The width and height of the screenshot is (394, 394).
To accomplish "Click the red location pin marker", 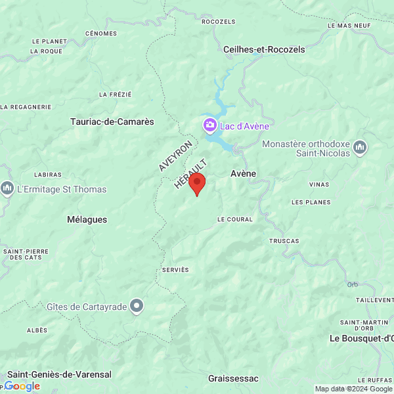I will click(x=197, y=184).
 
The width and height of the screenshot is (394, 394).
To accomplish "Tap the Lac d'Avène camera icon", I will click(x=209, y=125).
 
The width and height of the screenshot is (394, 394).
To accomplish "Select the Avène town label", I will click(x=243, y=173).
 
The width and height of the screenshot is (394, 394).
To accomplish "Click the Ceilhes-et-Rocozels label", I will click(x=264, y=49).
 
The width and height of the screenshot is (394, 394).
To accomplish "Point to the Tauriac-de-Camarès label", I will click(x=112, y=121).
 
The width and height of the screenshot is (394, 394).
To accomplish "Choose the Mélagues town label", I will click(x=87, y=219).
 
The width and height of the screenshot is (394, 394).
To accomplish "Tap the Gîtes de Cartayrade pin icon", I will click(x=137, y=306).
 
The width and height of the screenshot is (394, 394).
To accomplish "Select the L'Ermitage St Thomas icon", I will click(x=7, y=189).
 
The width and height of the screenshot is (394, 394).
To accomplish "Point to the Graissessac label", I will click(x=233, y=378).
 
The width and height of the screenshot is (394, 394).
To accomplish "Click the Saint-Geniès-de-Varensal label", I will click(x=59, y=374).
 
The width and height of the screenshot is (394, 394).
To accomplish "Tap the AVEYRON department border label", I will click(x=175, y=156).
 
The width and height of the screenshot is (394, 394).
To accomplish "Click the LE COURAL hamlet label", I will click(x=234, y=219).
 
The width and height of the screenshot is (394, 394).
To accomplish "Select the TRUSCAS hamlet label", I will click(x=284, y=241).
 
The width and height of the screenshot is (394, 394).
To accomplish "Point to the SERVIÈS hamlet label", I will click(x=175, y=270).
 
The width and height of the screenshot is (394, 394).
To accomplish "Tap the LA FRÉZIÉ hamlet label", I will click(x=116, y=95).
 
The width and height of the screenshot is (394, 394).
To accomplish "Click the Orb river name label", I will click(x=353, y=284).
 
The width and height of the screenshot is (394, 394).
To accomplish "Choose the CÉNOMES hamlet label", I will click(x=101, y=33).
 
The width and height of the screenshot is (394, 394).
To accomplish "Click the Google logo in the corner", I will click(x=22, y=386).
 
